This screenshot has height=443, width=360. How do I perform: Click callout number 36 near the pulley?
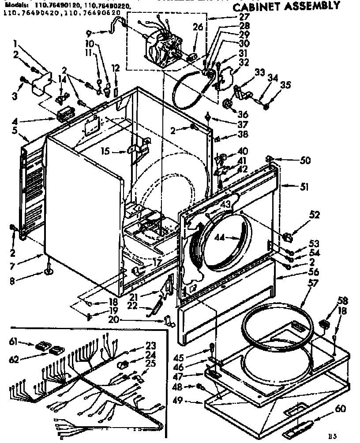tap(243, 114)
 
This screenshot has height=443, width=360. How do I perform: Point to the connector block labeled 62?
tap(56, 351)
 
